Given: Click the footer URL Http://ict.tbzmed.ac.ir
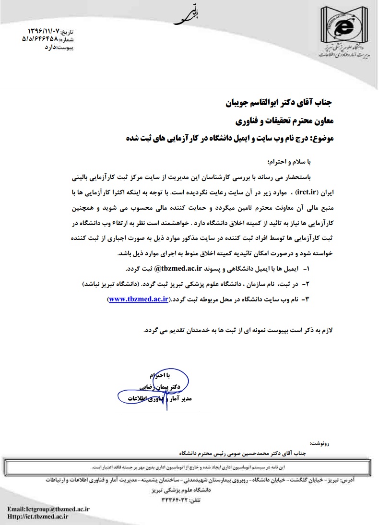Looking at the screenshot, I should coord(38,516).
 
